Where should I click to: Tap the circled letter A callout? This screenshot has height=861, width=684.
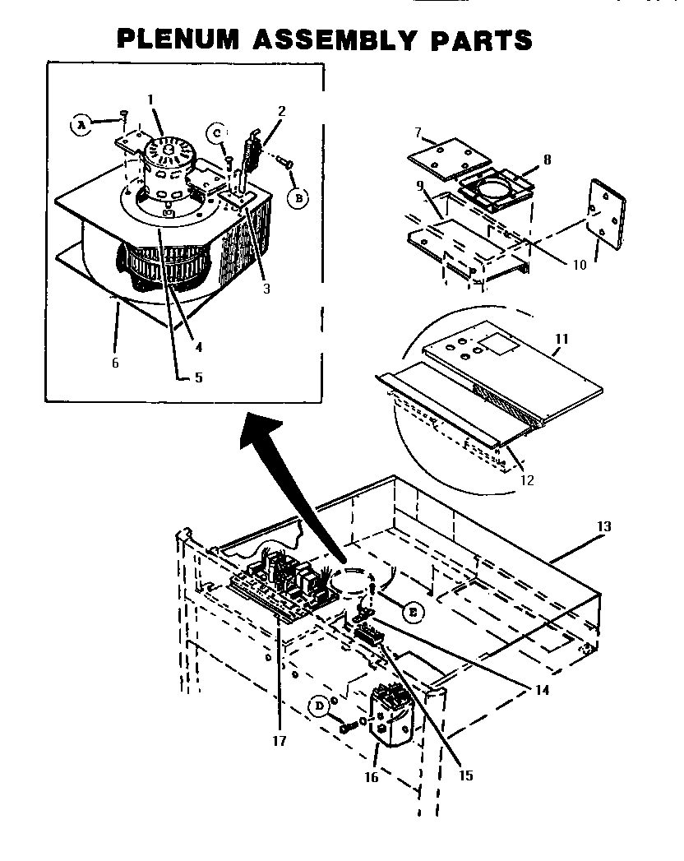click(81, 124)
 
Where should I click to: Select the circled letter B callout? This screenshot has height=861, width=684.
click(298, 197)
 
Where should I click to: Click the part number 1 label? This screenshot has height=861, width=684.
click(150, 99)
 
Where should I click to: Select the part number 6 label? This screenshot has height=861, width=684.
click(114, 363)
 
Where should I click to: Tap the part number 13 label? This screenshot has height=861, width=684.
click(604, 525)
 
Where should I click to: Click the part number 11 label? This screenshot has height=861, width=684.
click(562, 338)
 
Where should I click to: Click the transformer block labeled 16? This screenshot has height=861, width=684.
click(394, 716)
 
